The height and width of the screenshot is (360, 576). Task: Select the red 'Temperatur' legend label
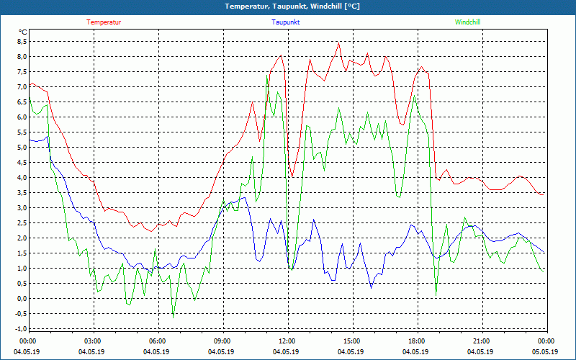pyautogui.click(x=104, y=22)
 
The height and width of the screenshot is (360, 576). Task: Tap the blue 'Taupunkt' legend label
pyautogui.click(x=286, y=22)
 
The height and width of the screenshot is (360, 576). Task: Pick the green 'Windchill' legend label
pyautogui.click(x=467, y=22)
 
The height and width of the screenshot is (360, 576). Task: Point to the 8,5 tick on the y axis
pyautogui.click(x=22, y=42)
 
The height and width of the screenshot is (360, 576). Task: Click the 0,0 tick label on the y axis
pyautogui.click(x=22, y=299)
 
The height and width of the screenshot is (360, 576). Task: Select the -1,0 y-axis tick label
pyautogui.click(x=20, y=329)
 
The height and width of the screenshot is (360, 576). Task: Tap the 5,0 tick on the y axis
pyautogui.click(x=22, y=148)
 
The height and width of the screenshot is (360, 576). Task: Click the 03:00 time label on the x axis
pyautogui.click(x=93, y=341)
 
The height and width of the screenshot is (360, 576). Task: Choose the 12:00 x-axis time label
pyautogui.click(x=287, y=341)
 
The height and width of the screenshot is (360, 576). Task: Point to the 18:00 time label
pyautogui.click(x=417, y=341)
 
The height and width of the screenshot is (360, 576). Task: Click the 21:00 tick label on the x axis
pyautogui.click(x=482, y=341)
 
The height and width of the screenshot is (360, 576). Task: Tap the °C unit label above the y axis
pyautogui.click(x=23, y=32)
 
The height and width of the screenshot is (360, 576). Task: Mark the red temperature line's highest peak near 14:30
pyautogui.click(x=338, y=42)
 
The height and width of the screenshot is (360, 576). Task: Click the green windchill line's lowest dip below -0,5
pyautogui.click(x=173, y=317)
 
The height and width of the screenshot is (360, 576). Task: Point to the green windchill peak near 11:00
pyautogui.click(x=268, y=75)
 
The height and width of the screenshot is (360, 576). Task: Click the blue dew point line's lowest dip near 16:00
pyautogui.click(x=372, y=287)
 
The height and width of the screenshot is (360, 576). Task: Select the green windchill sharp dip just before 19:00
pyautogui.click(x=436, y=293)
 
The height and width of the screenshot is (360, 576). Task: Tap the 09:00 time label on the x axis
pyautogui.click(x=222, y=341)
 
